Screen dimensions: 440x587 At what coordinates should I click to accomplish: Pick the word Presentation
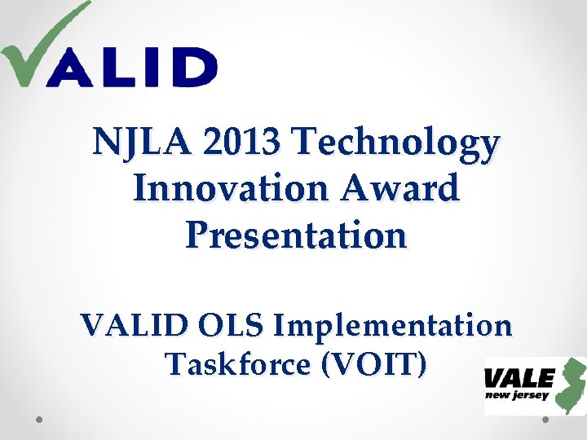[x=295, y=236]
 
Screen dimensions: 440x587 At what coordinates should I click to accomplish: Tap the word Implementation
[x=392, y=326]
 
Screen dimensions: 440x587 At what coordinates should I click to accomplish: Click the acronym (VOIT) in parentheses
[x=374, y=364]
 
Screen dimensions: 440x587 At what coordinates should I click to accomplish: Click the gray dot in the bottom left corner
[x=38, y=420]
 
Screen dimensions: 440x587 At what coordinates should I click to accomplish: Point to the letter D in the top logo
[x=195, y=67]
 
